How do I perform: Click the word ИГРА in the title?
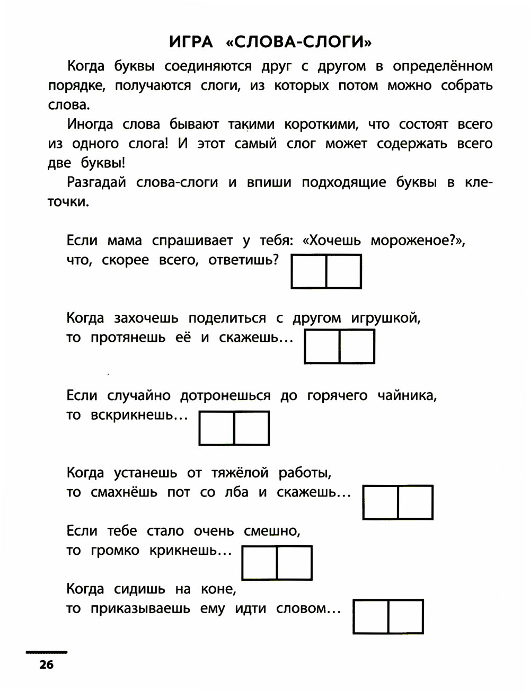[x=191, y=41]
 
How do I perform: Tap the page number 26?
[x=46, y=664]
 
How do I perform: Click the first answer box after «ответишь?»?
[x=308, y=271]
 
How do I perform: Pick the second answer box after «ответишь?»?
[x=343, y=271]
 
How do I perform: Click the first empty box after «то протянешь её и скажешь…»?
[x=322, y=347]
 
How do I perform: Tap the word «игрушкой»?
[x=385, y=318]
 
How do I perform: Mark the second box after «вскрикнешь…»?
[x=251, y=428]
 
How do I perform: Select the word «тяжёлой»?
[x=240, y=473]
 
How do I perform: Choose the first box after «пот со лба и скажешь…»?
[x=381, y=502]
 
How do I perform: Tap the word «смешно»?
[x=271, y=531]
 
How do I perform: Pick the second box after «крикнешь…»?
[x=294, y=563]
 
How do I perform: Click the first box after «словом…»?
[x=370, y=617]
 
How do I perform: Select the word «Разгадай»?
[x=96, y=182]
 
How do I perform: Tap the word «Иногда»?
[x=90, y=125]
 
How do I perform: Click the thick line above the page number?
[x=46, y=651]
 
